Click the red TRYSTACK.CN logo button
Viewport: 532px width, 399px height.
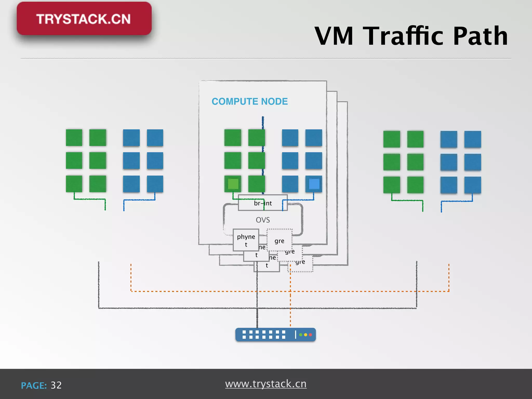tap(84, 19)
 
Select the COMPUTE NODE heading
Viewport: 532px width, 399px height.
tap(250, 101)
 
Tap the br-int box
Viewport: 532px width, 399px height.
tap(263, 203)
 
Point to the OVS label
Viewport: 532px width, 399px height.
tap(263, 220)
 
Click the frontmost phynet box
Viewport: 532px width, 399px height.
tap(246, 240)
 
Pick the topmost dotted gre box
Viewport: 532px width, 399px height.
tap(279, 241)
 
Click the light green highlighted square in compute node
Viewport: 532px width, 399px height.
tap(233, 184)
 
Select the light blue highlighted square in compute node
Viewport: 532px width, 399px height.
tap(314, 184)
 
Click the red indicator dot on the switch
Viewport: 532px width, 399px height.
tap(310, 335)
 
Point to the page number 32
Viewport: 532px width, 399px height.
tap(56, 385)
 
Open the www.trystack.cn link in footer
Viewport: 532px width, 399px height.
tap(266, 384)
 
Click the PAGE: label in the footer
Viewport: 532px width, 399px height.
tap(34, 385)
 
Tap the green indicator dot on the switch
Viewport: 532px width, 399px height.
tap(301, 335)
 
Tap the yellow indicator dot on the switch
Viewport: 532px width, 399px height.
tap(305, 335)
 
